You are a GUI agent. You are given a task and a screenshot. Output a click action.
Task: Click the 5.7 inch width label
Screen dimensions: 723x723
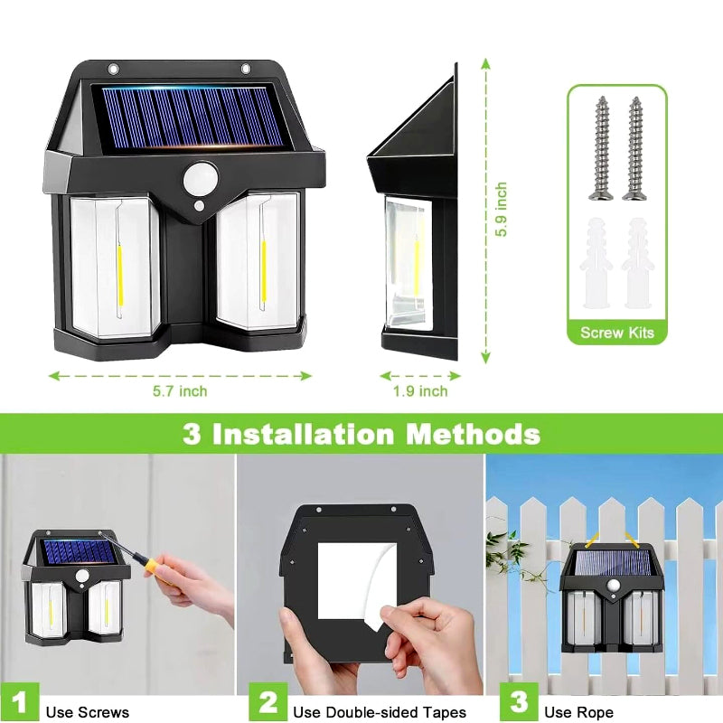pos(180,391)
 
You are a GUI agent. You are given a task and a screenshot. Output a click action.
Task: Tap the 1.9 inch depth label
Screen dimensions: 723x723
pos(420,391)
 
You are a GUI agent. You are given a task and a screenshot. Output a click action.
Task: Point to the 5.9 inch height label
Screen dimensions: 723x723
pos(501,210)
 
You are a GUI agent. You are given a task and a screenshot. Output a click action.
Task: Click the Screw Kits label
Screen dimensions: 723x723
pos(617,333)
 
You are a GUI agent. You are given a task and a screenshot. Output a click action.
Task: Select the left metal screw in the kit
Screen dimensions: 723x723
pos(601,148)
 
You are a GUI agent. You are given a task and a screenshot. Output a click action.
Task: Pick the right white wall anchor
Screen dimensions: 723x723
pos(638,263)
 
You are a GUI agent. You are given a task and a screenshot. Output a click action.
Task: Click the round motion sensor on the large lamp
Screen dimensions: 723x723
pos(201,179)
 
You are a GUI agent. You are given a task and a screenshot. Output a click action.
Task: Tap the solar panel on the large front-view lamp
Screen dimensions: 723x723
pos(192,117)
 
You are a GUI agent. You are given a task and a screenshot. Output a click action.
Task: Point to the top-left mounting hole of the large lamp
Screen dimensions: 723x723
pos(113,70)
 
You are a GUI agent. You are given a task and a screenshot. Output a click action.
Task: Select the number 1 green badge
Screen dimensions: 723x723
pos(19,702)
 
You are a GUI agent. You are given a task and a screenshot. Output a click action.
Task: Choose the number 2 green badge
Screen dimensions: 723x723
pos(268,702)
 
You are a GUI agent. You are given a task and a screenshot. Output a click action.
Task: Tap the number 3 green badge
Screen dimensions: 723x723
pos(519,702)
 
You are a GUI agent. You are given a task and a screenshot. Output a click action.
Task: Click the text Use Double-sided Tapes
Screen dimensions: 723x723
pos(380,712)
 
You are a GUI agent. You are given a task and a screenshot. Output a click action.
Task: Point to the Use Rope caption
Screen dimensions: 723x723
pos(578,712)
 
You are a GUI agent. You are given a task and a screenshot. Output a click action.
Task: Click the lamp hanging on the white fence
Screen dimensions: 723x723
pos(612,597)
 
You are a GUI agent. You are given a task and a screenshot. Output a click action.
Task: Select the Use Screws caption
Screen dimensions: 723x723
pos(88,712)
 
